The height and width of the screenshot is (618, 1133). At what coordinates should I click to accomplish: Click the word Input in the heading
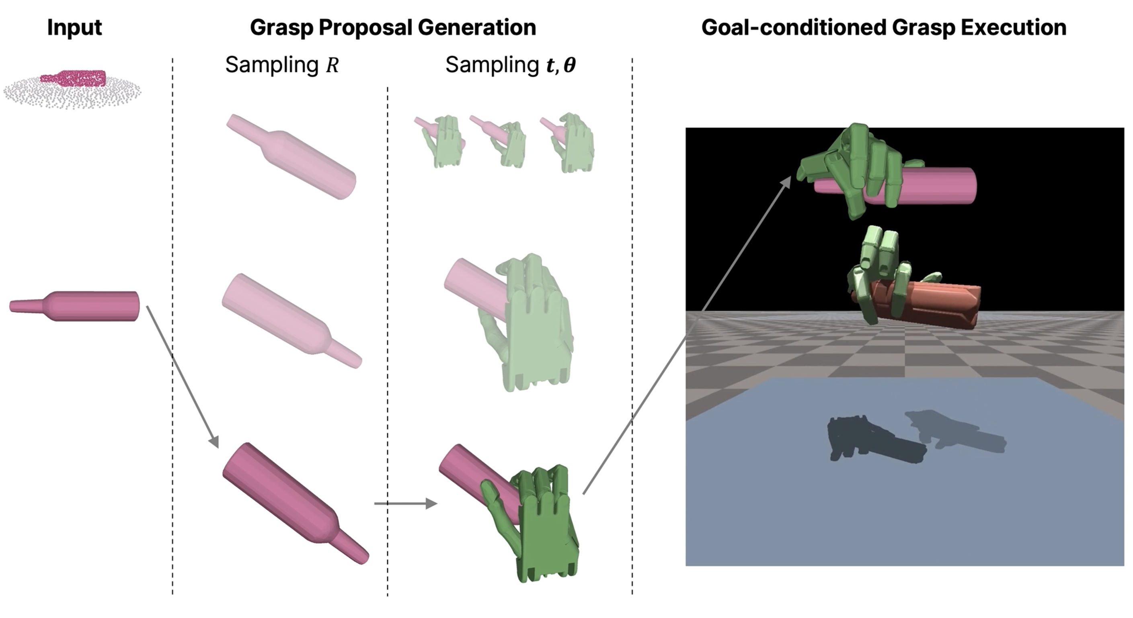[x=74, y=27]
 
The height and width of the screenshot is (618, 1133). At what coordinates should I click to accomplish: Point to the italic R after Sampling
[x=332, y=65]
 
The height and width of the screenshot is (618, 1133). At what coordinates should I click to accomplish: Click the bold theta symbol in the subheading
[x=569, y=65]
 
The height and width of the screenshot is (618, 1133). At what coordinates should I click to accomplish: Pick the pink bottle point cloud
[x=73, y=78]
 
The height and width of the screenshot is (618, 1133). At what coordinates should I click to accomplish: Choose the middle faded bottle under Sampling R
[x=290, y=320]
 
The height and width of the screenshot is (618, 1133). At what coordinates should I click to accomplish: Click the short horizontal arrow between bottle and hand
[x=405, y=503]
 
